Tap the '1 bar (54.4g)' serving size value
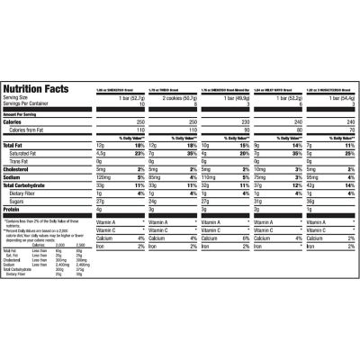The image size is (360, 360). [x=337, y=97]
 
